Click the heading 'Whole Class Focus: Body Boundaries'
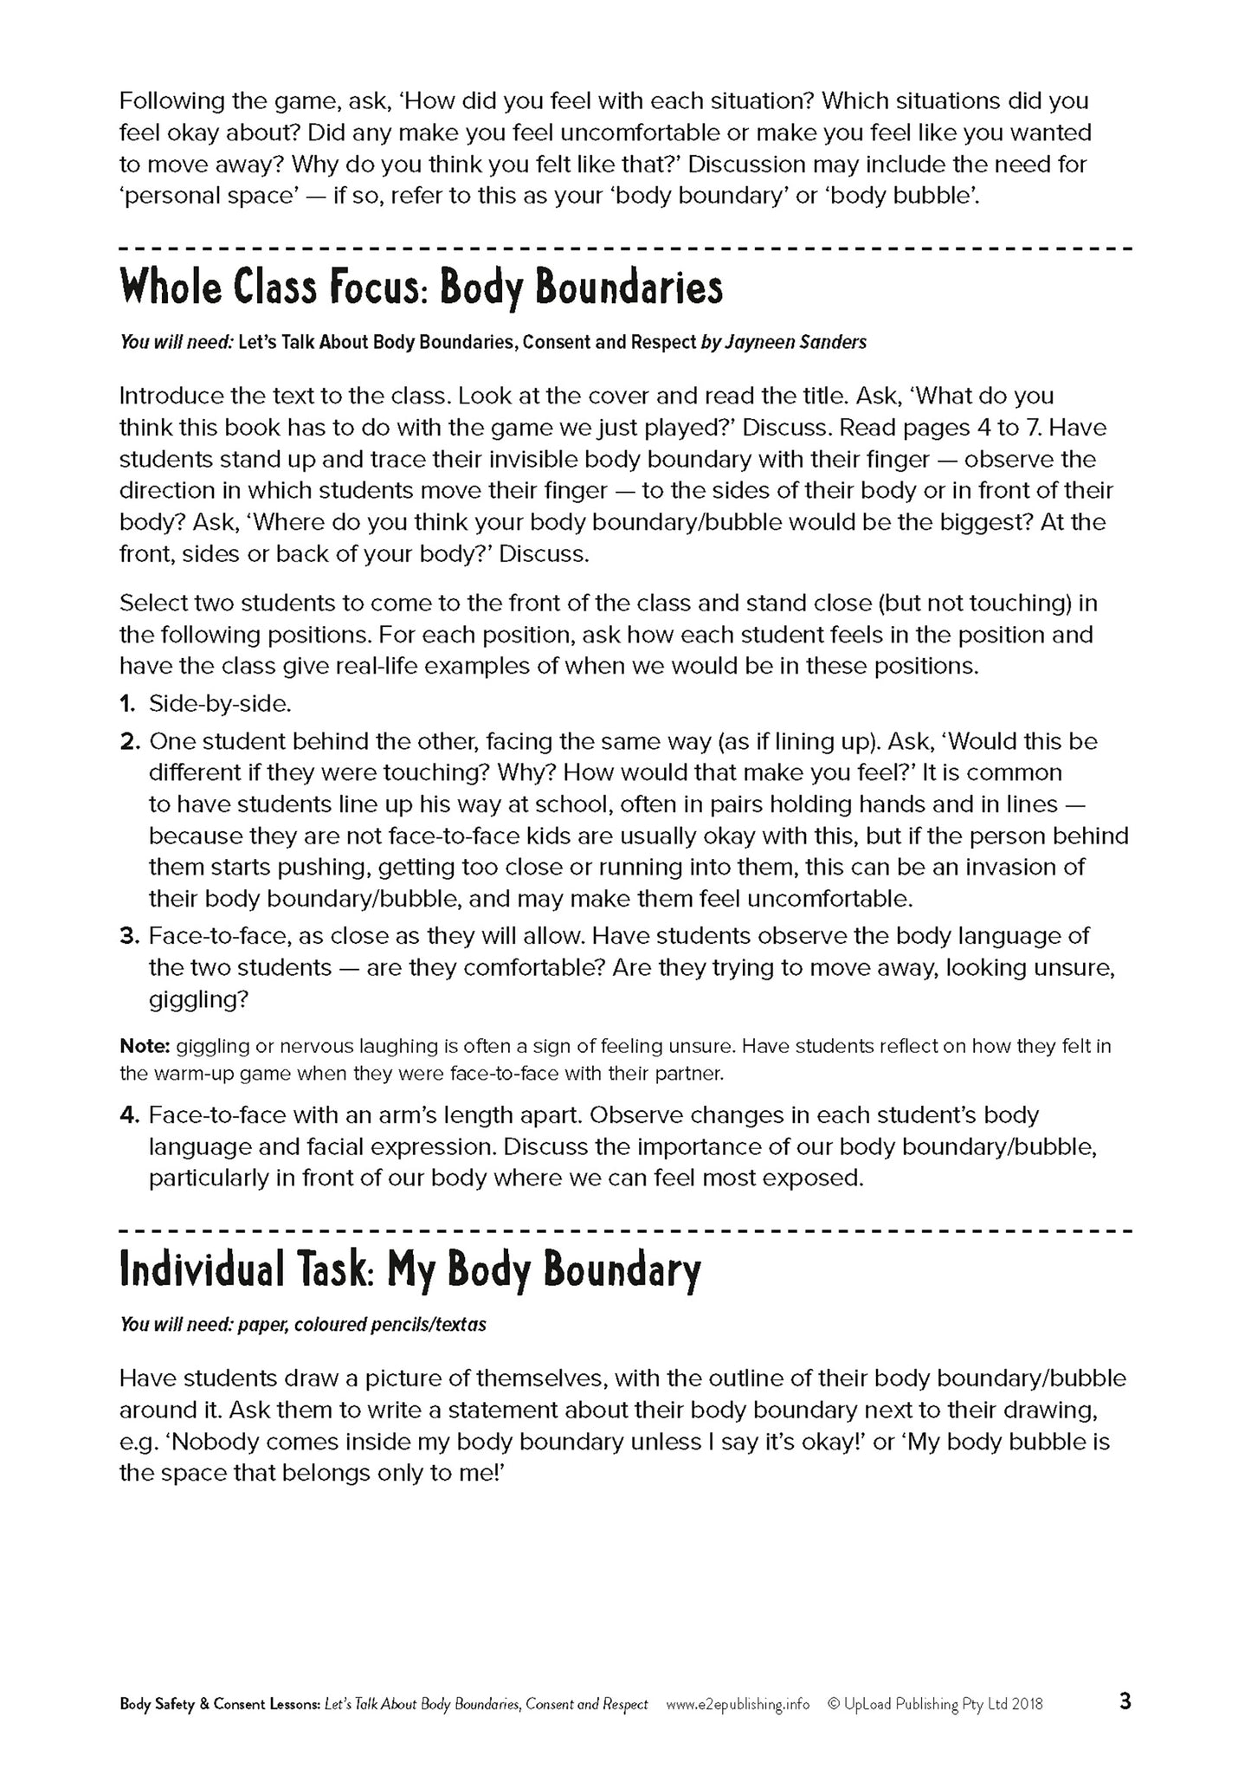pos(421,289)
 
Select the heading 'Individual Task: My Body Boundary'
pos(409,1270)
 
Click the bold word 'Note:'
pos(144,1046)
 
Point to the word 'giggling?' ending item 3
pos(198,999)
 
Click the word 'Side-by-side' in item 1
pos(219,704)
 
